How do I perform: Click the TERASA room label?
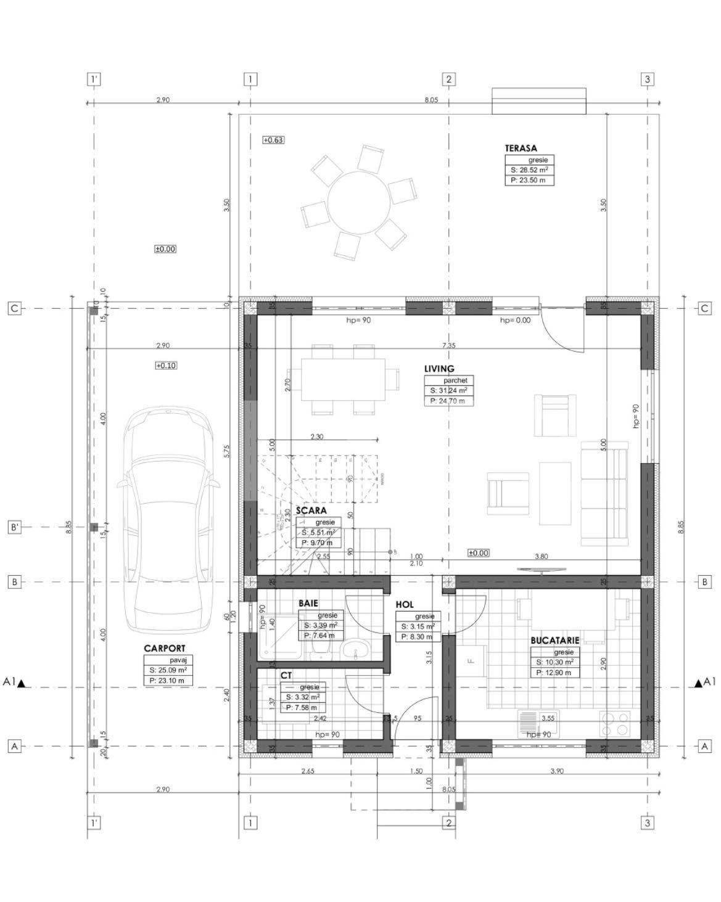tap(521, 148)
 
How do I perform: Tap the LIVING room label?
tap(439, 369)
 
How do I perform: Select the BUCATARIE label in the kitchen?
tap(554, 641)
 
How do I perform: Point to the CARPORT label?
tap(164, 648)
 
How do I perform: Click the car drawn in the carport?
tap(168, 524)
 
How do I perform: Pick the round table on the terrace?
tap(358, 202)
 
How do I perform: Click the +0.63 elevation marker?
tap(273, 140)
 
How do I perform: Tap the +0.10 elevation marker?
tap(166, 366)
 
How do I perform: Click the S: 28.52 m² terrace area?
tap(529, 170)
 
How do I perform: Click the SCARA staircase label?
tap(311, 510)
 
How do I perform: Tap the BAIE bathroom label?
tap(308, 604)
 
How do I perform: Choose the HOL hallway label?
tap(405, 605)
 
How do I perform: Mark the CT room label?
tap(286, 676)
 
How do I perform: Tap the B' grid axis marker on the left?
tap(14, 527)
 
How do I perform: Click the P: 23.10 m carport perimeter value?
tap(167, 681)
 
